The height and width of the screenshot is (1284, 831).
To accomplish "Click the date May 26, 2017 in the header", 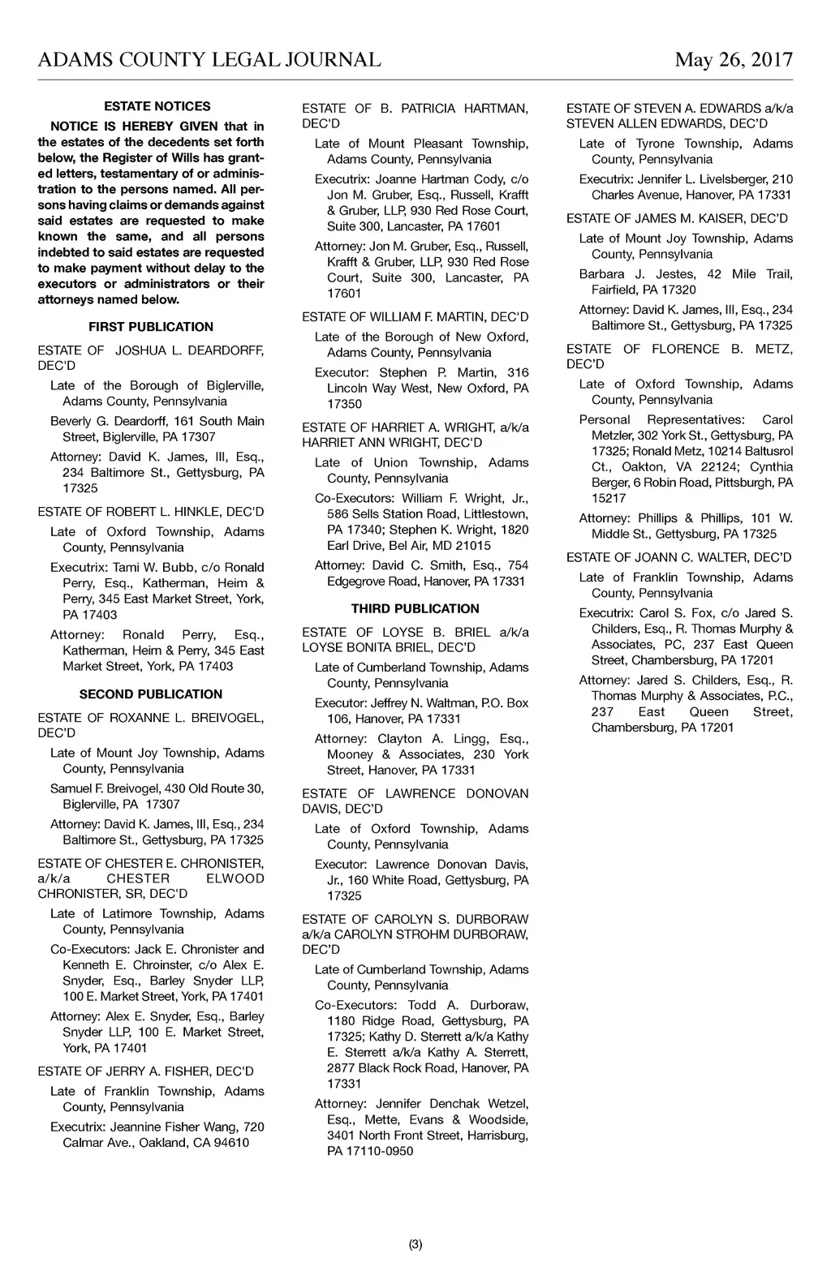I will click(733, 59).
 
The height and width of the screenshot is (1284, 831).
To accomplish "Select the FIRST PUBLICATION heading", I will click(151, 327).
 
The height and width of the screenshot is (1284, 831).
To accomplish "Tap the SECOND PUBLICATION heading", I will click(151, 694).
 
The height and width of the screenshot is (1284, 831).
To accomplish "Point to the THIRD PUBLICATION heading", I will click(415, 608).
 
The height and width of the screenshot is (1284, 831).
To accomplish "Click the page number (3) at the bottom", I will click(415, 1245).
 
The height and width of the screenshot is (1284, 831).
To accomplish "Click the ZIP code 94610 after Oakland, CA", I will click(233, 1143).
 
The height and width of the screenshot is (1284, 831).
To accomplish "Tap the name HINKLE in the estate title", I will click(189, 512).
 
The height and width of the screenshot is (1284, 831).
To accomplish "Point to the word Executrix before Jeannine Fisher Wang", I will click(78, 1127).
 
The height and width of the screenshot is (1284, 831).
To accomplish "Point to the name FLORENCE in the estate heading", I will click(685, 349).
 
